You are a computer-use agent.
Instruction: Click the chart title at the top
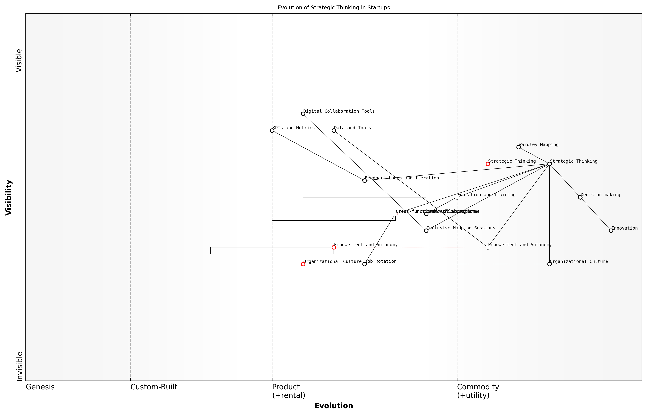(333, 8)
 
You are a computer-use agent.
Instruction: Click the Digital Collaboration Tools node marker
(303, 114)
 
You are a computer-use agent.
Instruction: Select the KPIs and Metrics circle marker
(272, 131)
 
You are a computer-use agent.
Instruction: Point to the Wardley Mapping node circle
(518, 147)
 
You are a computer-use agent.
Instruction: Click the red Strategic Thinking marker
(488, 164)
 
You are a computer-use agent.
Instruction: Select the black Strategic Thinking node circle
(549, 164)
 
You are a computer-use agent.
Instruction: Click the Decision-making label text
(600, 195)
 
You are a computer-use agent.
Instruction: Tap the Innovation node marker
(611, 231)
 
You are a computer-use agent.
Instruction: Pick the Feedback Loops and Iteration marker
(364, 180)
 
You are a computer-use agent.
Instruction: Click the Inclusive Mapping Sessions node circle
(426, 231)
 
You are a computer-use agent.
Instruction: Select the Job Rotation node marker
(364, 264)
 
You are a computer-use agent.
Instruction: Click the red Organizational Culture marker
(303, 264)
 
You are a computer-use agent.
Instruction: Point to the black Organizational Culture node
(549, 264)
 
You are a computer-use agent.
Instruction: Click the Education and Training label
(486, 195)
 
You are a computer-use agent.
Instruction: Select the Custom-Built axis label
(154, 387)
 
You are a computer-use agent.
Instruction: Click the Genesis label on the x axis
(40, 387)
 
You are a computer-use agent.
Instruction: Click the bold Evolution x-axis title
(333, 406)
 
